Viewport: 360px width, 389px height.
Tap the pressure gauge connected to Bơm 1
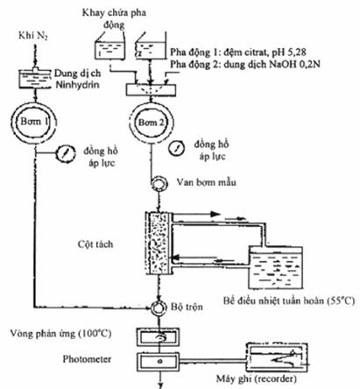[65, 152]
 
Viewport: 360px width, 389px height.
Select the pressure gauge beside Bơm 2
[176, 148]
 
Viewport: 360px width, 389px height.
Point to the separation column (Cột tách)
[159, 244]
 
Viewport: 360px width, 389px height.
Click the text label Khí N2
[33, 36]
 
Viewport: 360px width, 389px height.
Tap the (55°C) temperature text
[341, 301]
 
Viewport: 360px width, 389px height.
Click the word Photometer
[87, 359]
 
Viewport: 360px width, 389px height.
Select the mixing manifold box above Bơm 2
[151, 90]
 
